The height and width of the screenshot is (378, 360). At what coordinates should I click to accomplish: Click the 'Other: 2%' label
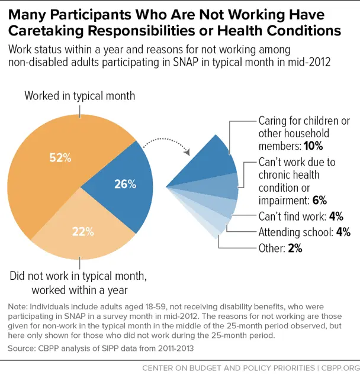point(280,248)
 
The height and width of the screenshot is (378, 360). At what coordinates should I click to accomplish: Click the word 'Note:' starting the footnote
point(18,307)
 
